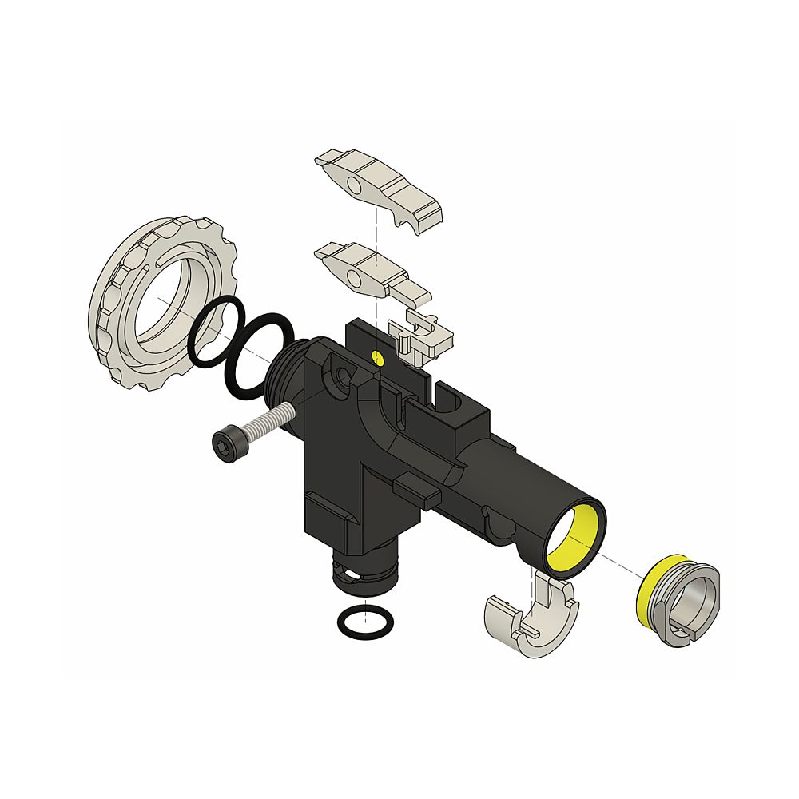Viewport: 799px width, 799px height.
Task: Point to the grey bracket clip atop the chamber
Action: pos(419,336)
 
